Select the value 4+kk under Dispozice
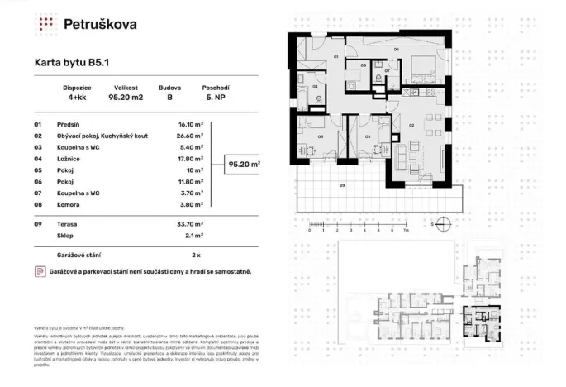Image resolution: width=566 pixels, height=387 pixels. [76, 96]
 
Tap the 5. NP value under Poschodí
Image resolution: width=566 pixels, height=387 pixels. [215, 96]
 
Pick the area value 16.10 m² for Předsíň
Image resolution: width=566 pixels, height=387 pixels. [190, 124]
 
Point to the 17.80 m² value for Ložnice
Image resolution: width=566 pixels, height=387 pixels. [190, 159]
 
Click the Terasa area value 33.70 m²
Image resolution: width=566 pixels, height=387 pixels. [190, 223]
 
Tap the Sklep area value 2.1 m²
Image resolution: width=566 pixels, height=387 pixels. [192, 235]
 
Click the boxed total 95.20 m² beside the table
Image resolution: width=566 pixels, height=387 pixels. [243, 165]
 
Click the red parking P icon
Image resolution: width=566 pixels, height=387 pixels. [39, 271]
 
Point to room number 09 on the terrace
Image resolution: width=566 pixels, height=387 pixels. [341, 186]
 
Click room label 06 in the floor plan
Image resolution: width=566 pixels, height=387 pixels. [321, 136]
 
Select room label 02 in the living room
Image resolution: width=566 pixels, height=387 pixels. [410, 125]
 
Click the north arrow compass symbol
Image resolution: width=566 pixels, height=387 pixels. [443, 223]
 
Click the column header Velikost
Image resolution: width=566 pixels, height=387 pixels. [125, 86]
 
